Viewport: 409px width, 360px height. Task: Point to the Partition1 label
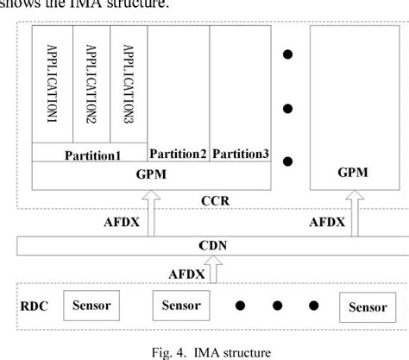tap(91, 155)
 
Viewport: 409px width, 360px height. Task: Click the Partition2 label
tap(179, 154)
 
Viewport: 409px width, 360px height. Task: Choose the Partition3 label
tap(240, 154)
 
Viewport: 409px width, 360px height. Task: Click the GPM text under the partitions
tap(151, 174)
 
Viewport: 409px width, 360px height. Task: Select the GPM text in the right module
tap(353, 172)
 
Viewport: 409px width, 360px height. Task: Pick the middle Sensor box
tap(183, 304)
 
